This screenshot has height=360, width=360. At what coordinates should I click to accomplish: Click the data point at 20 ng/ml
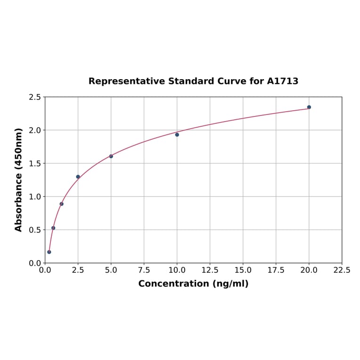(309, 107)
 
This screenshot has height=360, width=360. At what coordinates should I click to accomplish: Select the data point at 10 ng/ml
(177, 135)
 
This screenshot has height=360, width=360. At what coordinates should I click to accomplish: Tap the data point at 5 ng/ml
(111, 156)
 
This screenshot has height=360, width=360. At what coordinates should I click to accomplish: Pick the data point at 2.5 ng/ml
(78, 177)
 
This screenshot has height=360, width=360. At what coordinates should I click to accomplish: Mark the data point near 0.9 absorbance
(62, 204)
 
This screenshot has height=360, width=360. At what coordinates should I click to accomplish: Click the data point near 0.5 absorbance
(53, 228)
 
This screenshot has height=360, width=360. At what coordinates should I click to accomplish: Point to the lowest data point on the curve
(49, 252)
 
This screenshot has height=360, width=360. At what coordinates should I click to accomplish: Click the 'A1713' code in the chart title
(282, 81)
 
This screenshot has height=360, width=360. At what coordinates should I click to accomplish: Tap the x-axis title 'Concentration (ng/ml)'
(193, 284)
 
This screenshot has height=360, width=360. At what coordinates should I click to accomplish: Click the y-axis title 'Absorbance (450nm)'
(19, 180)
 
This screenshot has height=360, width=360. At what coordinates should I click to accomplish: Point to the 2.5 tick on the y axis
(35, 97)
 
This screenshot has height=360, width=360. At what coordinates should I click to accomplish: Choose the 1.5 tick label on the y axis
(35, 164)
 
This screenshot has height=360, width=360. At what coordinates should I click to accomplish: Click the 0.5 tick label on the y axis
(35, 230)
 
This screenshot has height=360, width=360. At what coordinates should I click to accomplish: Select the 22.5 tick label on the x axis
(342, 270)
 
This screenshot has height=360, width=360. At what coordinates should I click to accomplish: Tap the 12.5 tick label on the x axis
(210, 270)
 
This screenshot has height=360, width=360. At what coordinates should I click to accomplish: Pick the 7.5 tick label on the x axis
(144, 270)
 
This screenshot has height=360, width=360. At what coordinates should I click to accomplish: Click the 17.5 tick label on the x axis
(276, 270)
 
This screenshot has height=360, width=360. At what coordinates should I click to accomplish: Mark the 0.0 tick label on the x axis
(45, 270)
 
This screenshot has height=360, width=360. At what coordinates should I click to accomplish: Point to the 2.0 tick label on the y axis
(35, 130)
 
